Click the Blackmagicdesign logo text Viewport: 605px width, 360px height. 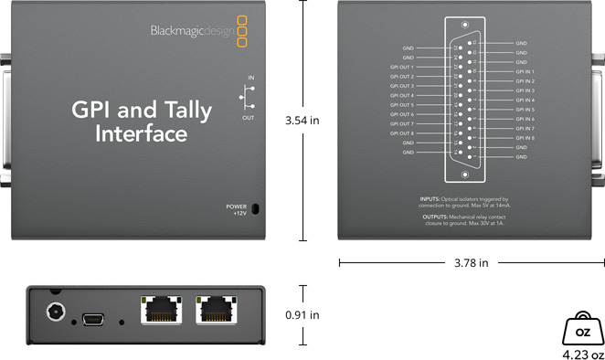(191, 30)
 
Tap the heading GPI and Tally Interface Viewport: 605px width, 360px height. (142, 122)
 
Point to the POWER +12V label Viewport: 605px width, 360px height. (236, 209)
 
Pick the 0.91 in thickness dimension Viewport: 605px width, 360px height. (302, 315)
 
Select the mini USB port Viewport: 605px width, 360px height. (95, 318)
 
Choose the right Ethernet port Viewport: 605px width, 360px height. (217, 311)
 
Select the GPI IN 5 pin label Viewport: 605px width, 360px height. (525, 110)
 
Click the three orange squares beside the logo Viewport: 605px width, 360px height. (241, 29)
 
